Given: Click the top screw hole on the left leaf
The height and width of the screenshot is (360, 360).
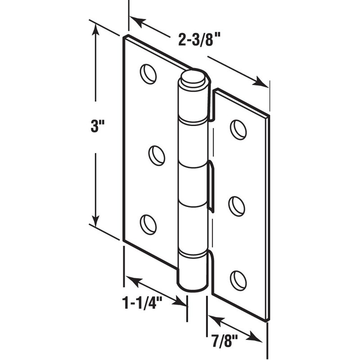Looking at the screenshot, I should coord(148,74).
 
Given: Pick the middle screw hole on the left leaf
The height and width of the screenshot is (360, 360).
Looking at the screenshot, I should coord(157,155).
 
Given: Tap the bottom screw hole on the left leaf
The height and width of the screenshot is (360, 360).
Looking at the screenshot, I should coord(148,224).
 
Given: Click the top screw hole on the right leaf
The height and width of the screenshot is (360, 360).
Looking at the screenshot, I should coord(238,129).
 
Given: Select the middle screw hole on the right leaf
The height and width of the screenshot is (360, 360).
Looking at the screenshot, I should coord(237,206).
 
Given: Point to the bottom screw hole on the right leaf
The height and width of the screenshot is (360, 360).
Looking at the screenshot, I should coord(238,280).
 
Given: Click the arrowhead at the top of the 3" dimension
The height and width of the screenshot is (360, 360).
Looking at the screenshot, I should coord(95,31).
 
